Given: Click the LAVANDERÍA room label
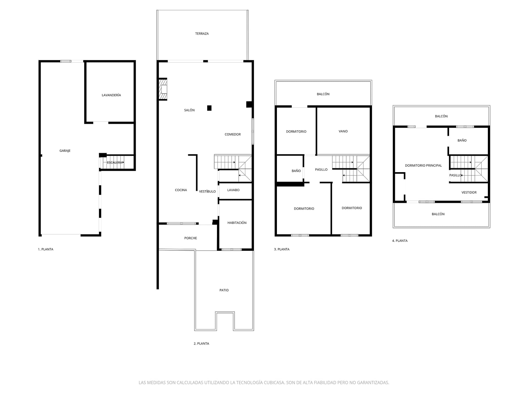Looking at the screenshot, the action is [111, 95].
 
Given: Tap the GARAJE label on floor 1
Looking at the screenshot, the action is [65, 151].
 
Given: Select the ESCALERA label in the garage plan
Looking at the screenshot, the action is [114, 163].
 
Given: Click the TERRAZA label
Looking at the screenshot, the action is [202, 34].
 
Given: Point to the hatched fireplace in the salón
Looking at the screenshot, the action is [163, 89].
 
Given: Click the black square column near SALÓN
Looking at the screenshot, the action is [209, 108].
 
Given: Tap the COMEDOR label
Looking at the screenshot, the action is [233, 134].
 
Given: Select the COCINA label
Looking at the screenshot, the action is [181, 190].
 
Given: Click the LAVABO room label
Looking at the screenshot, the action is [233, 190].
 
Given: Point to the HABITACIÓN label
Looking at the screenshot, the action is [237, 223].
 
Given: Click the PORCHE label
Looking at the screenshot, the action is [191, 238].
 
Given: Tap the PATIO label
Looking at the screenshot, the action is [224, 290].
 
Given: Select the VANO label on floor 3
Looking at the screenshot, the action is [343, 131].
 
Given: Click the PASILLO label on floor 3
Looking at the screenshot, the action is [321, 170].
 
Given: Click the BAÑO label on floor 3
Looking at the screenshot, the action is [296, 171].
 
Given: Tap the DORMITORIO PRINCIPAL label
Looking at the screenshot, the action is [423, 166].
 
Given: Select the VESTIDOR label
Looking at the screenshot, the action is [469, 193].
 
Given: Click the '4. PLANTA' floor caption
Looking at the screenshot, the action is [400, 241].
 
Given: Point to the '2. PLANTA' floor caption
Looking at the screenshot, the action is [201, 344].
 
